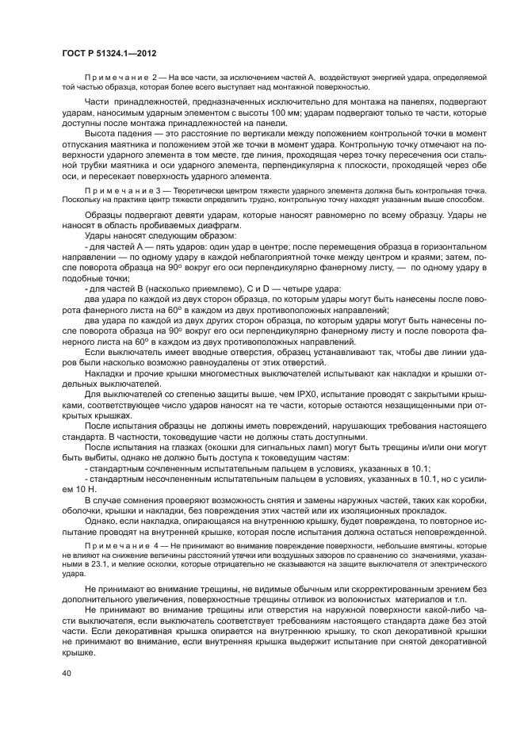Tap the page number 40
click(66, 673)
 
